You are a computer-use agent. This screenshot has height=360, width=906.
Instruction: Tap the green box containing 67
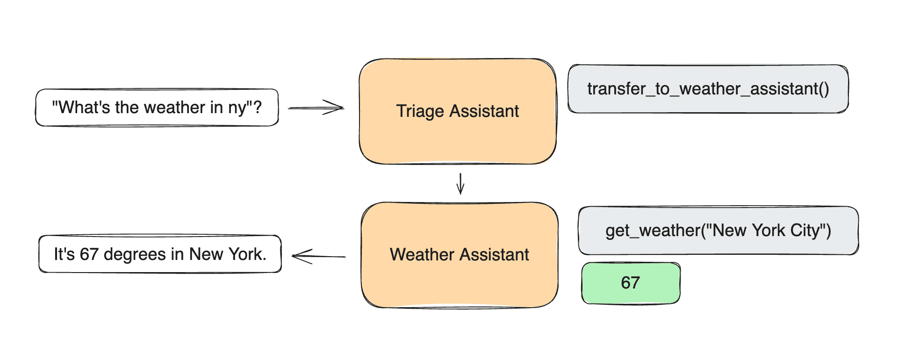coord(630,283)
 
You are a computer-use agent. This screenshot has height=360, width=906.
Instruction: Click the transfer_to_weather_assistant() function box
coord(708,89)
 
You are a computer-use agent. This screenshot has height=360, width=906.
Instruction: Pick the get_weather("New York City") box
coord(718,230)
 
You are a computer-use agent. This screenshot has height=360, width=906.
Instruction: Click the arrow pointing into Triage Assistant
coord(316,108)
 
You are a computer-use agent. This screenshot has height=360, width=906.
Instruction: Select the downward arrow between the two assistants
coord(460,183)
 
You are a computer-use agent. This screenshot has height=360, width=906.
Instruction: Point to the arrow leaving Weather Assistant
coord(318,256)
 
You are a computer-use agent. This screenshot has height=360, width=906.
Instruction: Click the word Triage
coord(420,111)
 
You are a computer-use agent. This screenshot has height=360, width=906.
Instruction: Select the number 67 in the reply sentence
coord(89,254)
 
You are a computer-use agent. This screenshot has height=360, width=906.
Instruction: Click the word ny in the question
coord(237,108)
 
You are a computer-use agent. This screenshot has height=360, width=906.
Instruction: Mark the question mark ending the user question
coord(257,107)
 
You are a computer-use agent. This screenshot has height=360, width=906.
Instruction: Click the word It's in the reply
coord(64,254)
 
